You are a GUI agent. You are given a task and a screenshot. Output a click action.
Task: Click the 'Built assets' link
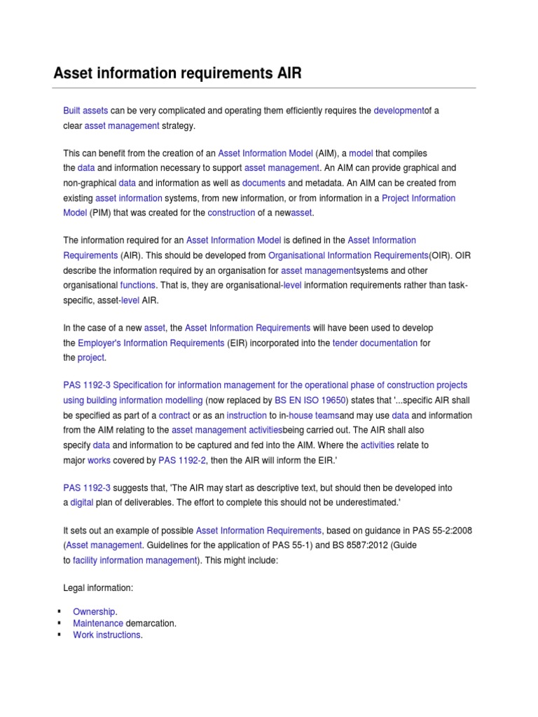click(x=85, y=111)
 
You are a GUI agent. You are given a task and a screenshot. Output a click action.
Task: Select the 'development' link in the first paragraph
click(x=399, y=111)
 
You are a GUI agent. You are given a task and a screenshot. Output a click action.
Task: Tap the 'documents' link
click(x=263, y=183)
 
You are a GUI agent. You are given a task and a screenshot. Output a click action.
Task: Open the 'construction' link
click(x=231, y=212)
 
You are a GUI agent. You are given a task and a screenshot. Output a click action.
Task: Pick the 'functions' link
click(x=138, y=285)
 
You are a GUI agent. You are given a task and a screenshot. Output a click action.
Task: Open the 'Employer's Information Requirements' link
click(x=151, y=343)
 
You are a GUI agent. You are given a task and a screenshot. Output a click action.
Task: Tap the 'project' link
click(x=91, y=357)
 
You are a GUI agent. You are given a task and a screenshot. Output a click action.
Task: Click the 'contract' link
click(x=174, y=415)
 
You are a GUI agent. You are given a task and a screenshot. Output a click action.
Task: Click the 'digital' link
click(x=82, y=503)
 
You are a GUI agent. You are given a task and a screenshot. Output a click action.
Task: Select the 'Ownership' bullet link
click(x=94, y=611)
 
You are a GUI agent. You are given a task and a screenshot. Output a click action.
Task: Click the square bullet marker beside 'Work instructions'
click(x=58, y=635)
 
